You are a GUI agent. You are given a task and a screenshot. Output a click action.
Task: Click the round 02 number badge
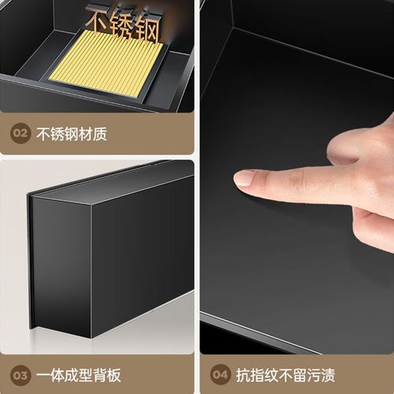click(x=20, y=134)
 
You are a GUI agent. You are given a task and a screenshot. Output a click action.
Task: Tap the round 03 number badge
click(x=20, y=375)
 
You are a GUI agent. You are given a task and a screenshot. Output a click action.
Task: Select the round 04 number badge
click(x=221, y=375)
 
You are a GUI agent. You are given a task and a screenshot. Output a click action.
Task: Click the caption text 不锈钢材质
click(x=72, y=134)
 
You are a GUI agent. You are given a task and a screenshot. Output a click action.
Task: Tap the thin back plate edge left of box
click(x=32, y=260)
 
